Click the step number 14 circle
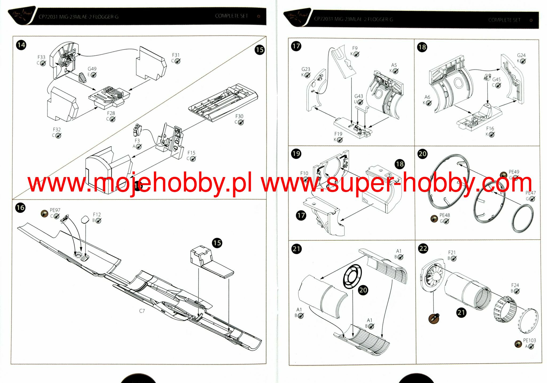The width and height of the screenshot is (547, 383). pos(21,45)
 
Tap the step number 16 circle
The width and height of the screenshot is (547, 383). pos(20,208)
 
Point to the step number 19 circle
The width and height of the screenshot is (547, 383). pos(296,154)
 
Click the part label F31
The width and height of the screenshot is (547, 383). pos(176,55)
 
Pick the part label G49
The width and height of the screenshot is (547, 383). pos(92,69)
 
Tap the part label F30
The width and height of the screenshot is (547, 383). pos(239,116)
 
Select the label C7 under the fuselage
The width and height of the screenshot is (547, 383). pos(142,311)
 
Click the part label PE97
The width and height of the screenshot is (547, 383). pos(55,210)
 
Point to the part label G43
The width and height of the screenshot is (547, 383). pos(359,96)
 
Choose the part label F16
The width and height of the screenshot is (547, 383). pos(490,128)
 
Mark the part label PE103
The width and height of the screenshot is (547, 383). pos(529,341)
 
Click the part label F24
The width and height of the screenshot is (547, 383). pos(515,285)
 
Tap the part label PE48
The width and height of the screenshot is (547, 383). pos(445,215)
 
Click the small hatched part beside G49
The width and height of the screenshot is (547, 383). pos(82,77)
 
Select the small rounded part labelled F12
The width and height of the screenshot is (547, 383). pos(85,219)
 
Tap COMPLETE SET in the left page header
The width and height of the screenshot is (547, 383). pos(231,16)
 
